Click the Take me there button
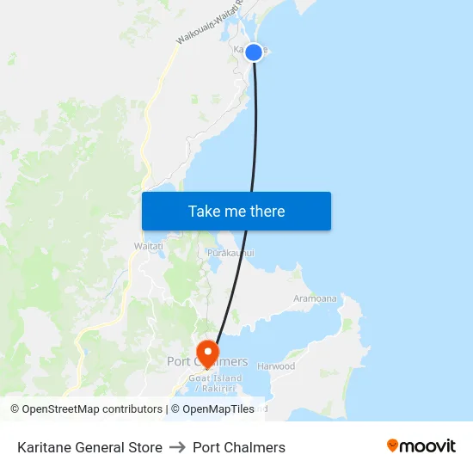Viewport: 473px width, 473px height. (x=236, y=212)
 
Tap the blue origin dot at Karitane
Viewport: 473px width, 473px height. (x=254, y=52)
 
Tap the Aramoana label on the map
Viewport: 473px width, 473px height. (x=315, y=298)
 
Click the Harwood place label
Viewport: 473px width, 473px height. (x=276, y=366)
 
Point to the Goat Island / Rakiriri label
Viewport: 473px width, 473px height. (x=214, y=384)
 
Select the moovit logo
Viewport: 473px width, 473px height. (x=421, y=446)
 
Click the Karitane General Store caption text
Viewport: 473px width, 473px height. (x=89, y=447)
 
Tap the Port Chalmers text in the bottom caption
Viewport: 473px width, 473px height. (x=239, y=447)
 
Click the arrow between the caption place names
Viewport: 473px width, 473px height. (x=177, y=447)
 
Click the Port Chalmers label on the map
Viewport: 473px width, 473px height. (x=207, y=362)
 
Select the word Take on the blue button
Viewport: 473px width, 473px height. (x=205, y=212)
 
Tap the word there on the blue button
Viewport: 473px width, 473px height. (x=267, y=212)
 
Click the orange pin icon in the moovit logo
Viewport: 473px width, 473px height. (x=393, y=445)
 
